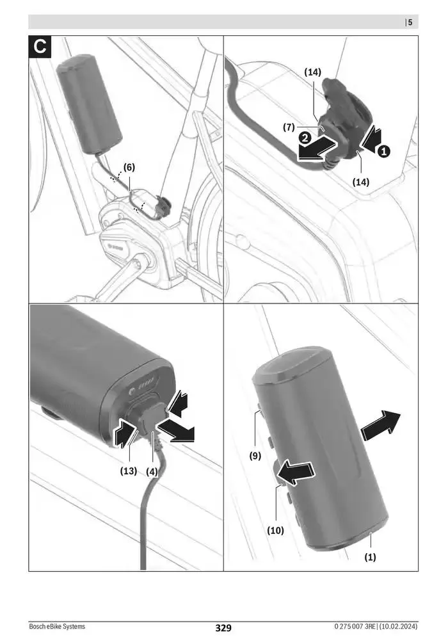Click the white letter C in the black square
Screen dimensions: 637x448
point(40,47)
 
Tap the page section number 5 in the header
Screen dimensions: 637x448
point(410,22)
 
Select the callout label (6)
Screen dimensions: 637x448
point(129,167)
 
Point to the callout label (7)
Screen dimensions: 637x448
point(289,127)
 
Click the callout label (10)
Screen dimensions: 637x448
point(276,530)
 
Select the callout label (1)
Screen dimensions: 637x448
point(371,557)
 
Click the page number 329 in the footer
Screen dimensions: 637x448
point(223,628)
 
